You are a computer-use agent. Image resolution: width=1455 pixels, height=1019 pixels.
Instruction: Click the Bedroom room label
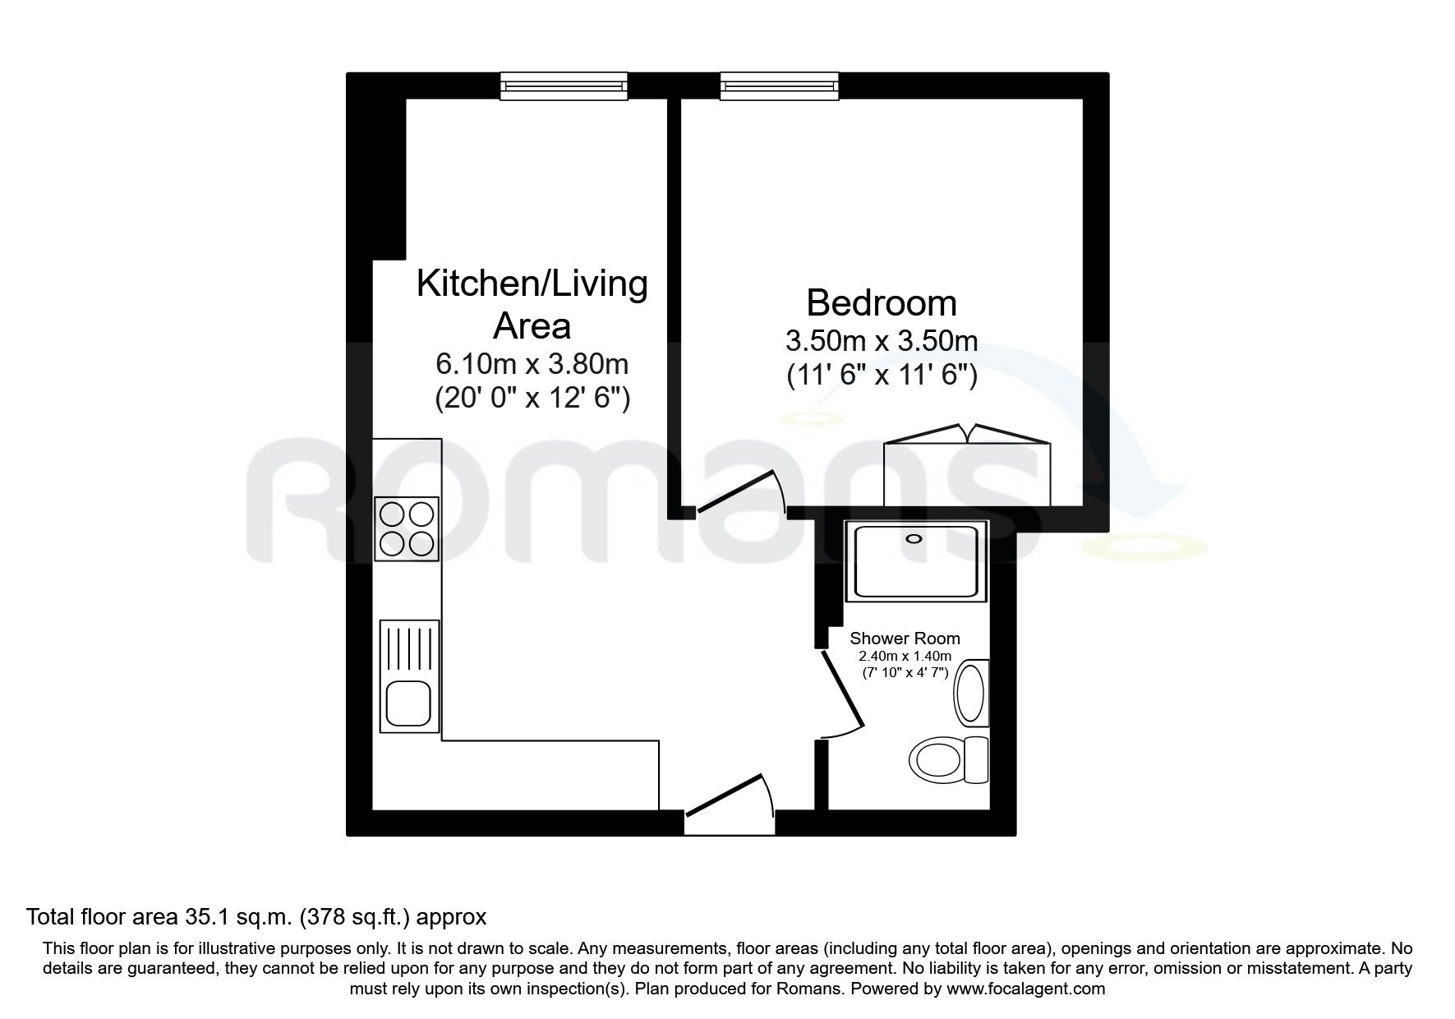point(882,303)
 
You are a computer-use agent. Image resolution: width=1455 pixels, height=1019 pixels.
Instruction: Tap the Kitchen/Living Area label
point(532,304)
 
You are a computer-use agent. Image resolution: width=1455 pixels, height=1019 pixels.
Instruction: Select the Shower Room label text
point(905,639)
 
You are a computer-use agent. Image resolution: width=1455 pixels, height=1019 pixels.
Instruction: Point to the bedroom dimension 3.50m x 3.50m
point(882,340)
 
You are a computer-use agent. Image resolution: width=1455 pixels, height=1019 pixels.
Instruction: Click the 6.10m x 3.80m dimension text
point(532,362)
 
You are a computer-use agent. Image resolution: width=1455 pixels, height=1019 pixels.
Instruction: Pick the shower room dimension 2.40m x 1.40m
point(905,657)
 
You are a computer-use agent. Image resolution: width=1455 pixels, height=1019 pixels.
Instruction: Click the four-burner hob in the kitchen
point(407,529)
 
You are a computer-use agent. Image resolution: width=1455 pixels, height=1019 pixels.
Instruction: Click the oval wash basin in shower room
point(970,693)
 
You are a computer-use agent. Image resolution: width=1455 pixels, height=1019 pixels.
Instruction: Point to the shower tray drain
point(914,539)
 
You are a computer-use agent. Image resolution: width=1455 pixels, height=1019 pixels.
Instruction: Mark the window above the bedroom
point(780,86)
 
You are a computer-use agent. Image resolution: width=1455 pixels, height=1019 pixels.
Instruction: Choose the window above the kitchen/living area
point(564,86)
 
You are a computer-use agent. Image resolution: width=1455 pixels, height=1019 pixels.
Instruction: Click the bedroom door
point(739,493)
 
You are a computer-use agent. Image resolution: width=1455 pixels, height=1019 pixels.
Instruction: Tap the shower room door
point(842,692)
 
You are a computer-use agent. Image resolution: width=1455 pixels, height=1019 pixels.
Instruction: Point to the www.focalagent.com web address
point(1025,989)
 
